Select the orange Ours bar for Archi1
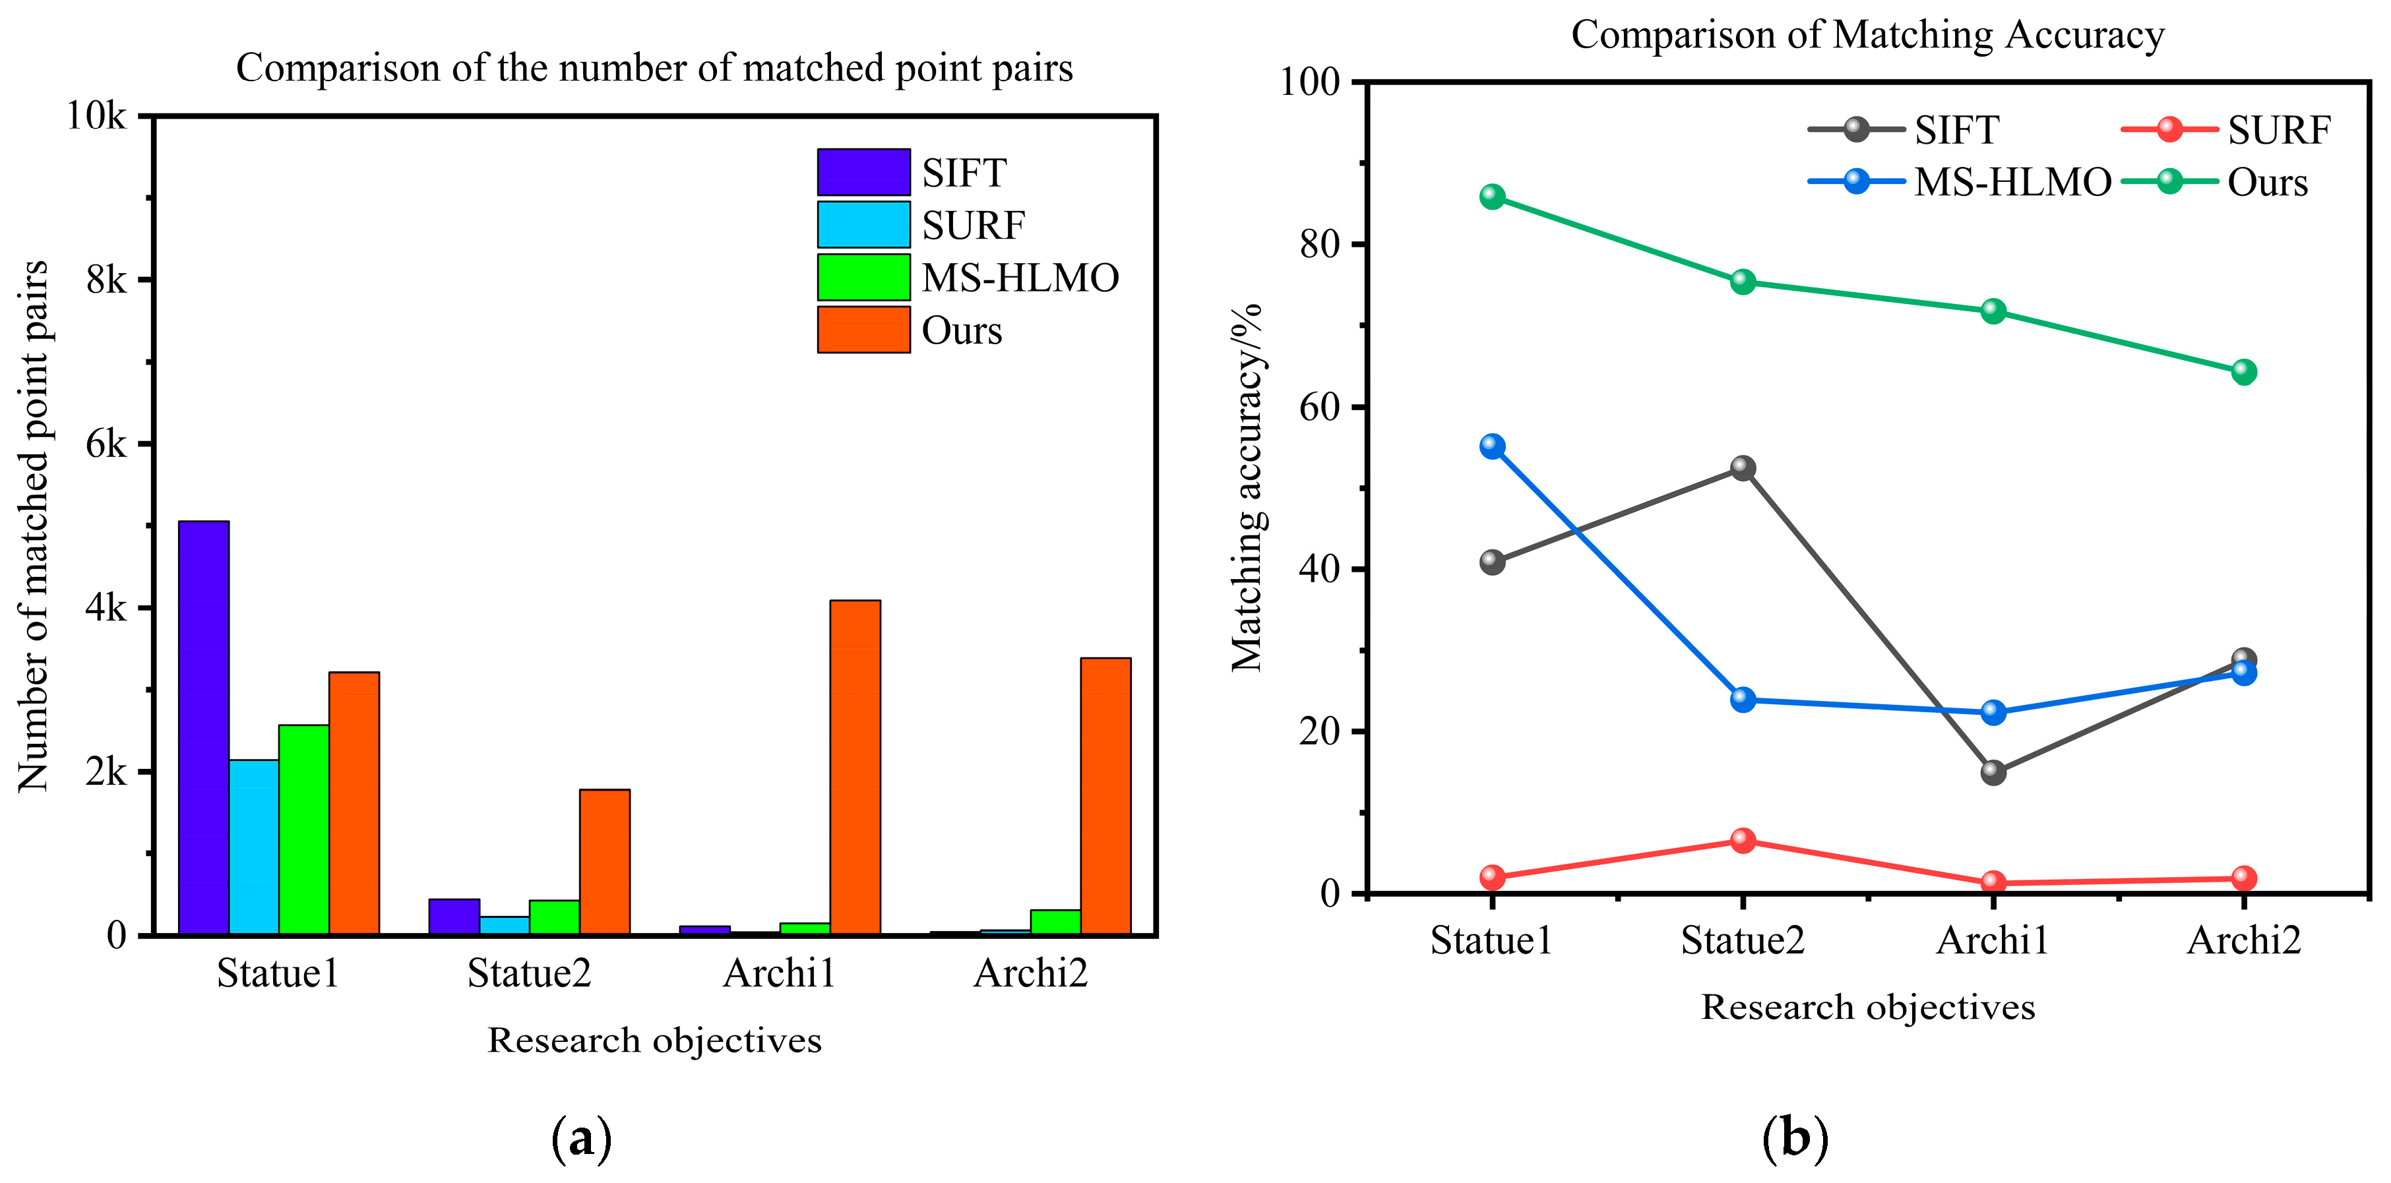pos(855,768)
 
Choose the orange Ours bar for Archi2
pos(1105,795)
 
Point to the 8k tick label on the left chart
pos(105,280)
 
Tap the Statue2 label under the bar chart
pos(528,973)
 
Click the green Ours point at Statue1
pos(1491,197)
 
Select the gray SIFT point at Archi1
pos(1993,772)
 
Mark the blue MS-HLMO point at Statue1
pos(1491,446)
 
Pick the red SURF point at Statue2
pos(1742,841)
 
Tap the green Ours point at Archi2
pos(2243,372)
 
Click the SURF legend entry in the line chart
pos(2278,130)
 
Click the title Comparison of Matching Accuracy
pos(1867,35)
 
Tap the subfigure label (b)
pos(1794,1137)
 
